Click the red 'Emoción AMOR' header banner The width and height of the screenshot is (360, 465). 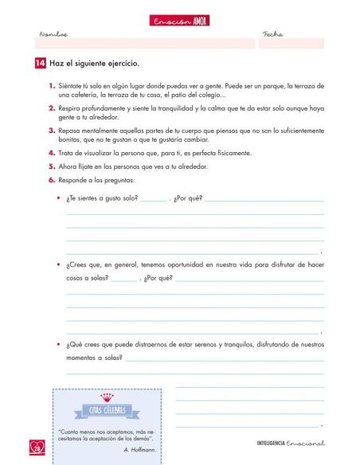point(179,21)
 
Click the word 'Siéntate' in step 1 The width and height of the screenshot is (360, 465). point(71,83)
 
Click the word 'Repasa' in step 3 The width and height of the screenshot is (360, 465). point(70,128)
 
